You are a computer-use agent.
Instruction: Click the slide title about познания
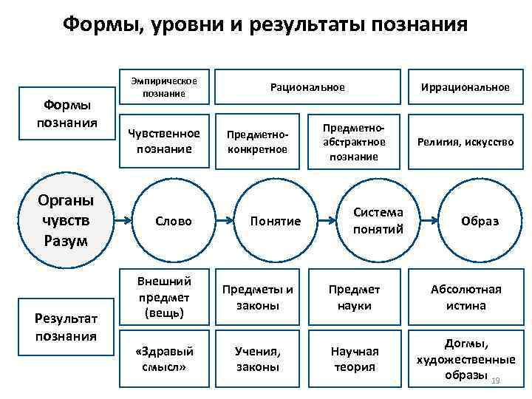pyautogui.click(x=265, y=25)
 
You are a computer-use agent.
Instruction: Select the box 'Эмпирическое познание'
pyautogui.click(x=164, y=87)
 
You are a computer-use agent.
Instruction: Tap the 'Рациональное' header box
pyautogui.click(x=307, y=87)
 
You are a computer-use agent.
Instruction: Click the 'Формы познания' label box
pyautogui.click(x=68, y=114)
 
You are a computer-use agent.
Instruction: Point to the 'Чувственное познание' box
pyautogui.click(x=164, y=141)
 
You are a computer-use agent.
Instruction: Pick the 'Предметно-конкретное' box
pyautogui.click(x=257, y=141)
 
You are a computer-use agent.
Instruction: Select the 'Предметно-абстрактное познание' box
pyautogui.click(x=354, y=141)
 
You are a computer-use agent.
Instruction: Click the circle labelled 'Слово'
pyautogui.click(x=174, y=221)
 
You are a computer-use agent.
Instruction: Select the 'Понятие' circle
pyautogui.click(x=275, y=221)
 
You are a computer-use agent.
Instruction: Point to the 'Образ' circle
pyautogui.click(x=480, y=221)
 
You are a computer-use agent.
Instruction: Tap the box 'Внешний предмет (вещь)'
pyautogui.click(x=164, y=296)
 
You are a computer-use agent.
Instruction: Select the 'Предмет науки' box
pyautogui.click(x=354, y=296)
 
